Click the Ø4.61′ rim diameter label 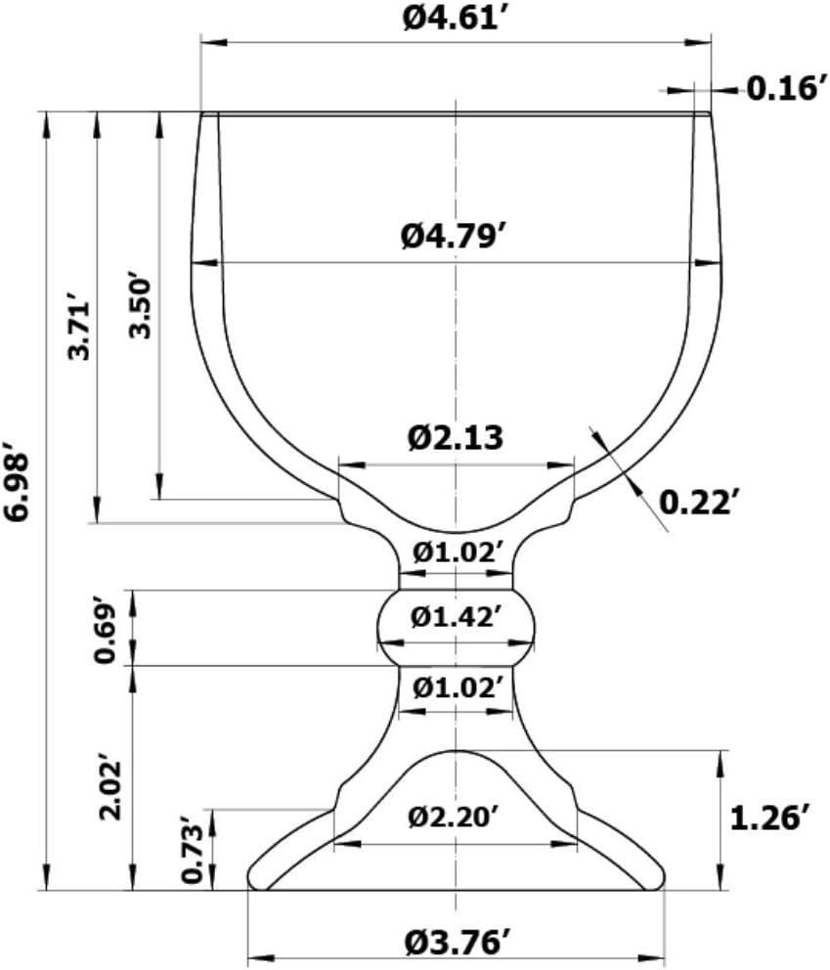point(451,18)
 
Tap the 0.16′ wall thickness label point(787,88)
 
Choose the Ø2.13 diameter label point(456,438)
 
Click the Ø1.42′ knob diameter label point(455,617)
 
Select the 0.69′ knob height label point(105,630)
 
